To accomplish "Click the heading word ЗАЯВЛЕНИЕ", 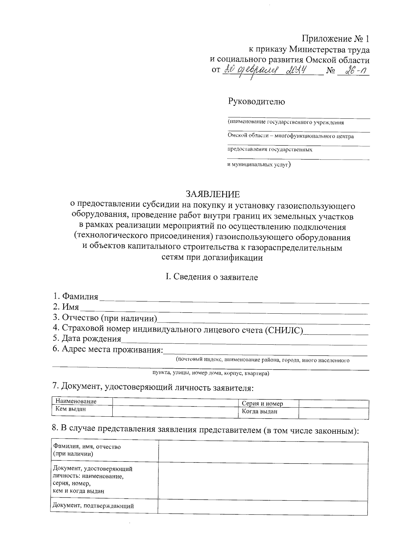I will tap(213, 194).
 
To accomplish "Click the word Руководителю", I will tap(256, 101).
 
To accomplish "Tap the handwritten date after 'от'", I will tap(265, 70).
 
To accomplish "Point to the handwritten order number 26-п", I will tap(352, 70).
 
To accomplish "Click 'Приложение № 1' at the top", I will tap(336, 39).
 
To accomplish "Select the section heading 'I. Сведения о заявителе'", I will tap(212, 277).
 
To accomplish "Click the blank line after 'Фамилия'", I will tap(234, 299).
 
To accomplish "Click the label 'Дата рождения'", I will tap(87, 338).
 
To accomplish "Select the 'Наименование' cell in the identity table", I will tap(76, 401).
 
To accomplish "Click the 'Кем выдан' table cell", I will tap(71, 408).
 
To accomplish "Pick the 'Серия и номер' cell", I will tap(262, 403).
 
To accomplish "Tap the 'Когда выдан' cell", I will tap(260, 411).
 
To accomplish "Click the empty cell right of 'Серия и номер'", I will tap(333, 403).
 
